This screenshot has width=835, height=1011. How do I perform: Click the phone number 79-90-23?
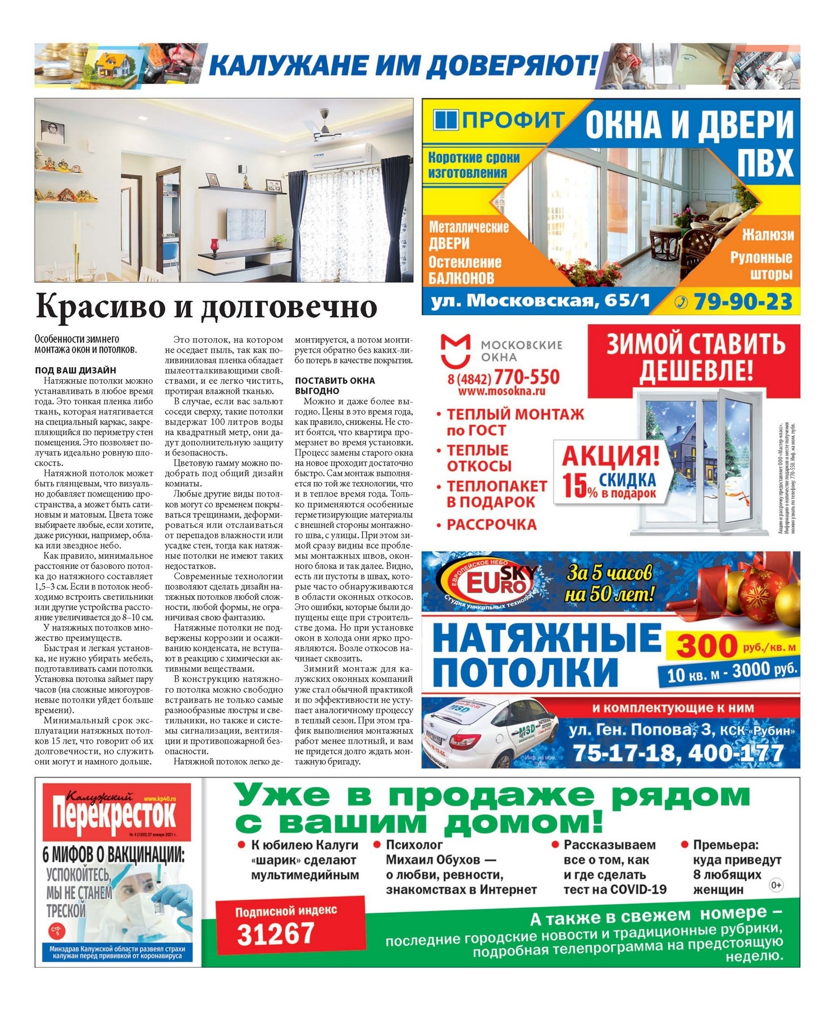(742, 302)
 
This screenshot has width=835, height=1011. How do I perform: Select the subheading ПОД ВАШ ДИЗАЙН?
(75, 370)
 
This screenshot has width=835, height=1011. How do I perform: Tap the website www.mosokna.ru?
(501, 391)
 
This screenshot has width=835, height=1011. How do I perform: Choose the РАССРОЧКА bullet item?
(491, 525)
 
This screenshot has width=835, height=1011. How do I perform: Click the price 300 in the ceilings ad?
(706, 646)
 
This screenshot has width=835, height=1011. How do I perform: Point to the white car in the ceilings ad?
(489, 731)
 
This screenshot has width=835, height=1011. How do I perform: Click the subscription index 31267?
(275, 933)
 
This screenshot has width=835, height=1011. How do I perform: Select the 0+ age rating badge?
(776, 885)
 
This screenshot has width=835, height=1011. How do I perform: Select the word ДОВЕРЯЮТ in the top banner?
(511, 66)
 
